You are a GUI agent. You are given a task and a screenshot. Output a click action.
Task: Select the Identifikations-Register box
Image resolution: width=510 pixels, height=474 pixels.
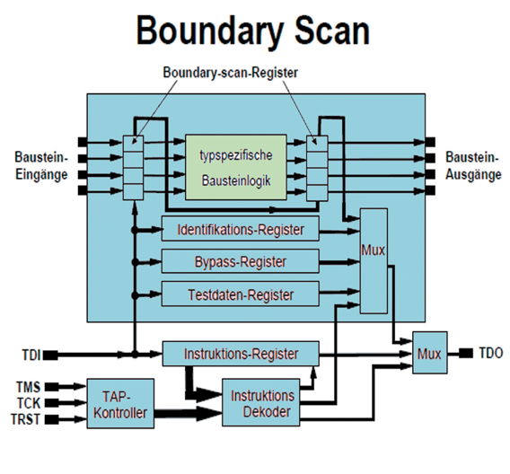pos(240,230)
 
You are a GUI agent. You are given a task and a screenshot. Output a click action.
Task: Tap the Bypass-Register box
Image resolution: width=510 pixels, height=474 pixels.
pos(240,262)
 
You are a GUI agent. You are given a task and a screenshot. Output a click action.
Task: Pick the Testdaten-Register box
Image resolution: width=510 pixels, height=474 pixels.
pos(240,294)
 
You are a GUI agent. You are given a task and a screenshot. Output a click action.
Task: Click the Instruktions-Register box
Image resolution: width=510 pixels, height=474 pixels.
pos(240,353)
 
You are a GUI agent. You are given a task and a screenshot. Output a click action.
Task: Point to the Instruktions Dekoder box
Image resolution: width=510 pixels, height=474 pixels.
pos(262,403)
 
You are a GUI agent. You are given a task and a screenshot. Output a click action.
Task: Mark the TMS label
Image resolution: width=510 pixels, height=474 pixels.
pos(28,386)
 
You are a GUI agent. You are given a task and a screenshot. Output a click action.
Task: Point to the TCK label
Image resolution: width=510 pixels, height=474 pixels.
pos(28,402)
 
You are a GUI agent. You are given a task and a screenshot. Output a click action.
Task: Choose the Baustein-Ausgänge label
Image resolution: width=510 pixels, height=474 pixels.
pos(473,166)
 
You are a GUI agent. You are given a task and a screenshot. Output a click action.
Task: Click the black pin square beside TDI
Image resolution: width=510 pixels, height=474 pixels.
pos(51,355)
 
